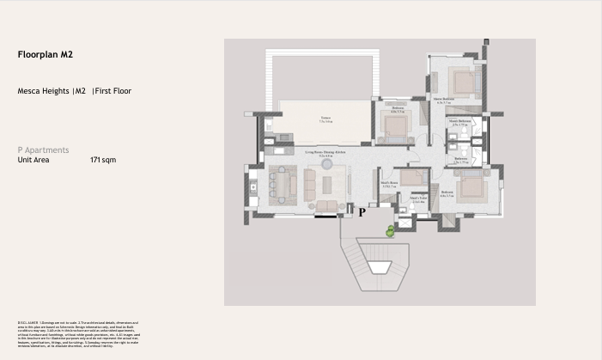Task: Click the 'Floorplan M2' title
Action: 45,54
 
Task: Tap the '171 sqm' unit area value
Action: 103,160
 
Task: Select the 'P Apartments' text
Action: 43,150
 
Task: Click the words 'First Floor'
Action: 113,91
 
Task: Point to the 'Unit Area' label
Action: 33,160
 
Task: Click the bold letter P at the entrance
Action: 362,211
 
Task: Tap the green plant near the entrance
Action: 391,229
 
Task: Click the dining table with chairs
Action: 278,181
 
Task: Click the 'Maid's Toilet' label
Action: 418,199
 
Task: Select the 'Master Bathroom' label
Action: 459,123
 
